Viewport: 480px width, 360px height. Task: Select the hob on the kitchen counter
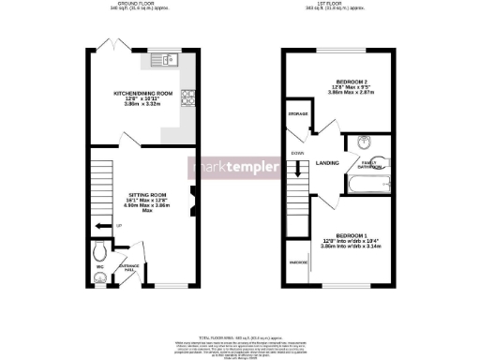(188, 94)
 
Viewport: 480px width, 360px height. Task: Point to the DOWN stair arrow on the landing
(298, 169)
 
